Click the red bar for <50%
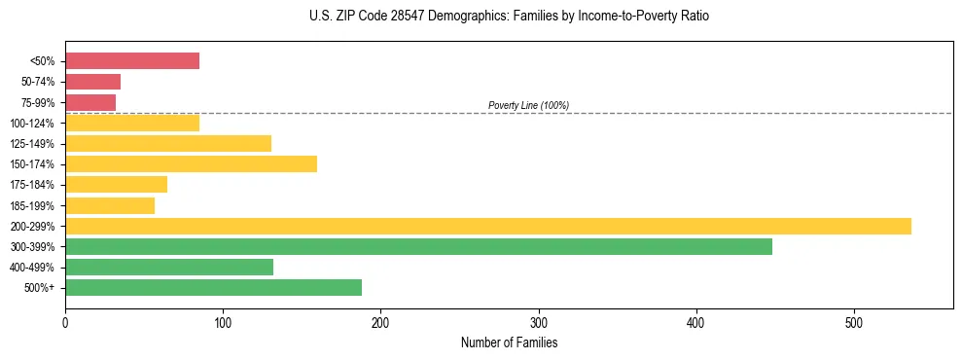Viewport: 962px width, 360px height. [x=132, y=61]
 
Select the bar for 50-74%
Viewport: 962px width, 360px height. [x=92, y=82]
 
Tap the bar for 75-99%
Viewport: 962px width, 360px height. [x=90, y=102]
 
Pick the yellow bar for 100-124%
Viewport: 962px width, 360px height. [x=132, y=123]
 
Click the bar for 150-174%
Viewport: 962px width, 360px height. [x=191, y=163]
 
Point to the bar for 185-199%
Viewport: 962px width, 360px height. [x=110, y=205]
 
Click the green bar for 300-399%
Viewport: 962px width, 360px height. [x=418, y=246]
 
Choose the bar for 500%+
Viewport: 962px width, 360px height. [x=213, y=287]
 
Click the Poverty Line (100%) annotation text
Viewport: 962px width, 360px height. [x=528, y=105]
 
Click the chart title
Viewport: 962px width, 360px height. [x=510, y=17]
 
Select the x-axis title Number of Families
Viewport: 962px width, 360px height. [x=509, y=342]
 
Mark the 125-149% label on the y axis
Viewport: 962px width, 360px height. [x=33, y=144]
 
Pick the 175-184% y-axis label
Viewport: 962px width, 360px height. [x=33, y=185]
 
